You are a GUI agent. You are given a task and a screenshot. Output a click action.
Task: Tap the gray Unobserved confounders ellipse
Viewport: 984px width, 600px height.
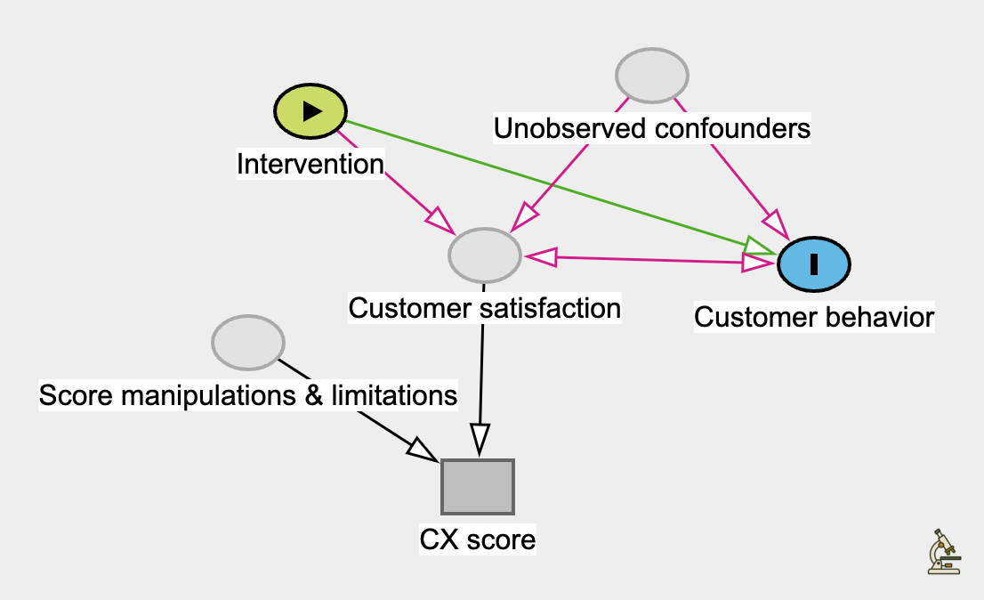653,77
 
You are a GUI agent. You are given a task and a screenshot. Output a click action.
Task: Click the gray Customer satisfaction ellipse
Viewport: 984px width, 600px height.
484,255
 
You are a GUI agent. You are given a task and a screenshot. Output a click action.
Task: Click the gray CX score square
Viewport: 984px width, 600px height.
478,487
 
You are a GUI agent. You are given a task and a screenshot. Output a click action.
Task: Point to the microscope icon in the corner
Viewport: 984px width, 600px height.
943,552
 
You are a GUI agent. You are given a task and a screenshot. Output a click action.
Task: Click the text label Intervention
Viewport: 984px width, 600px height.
310,164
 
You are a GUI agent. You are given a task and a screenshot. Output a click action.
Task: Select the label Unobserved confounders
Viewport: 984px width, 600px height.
652,129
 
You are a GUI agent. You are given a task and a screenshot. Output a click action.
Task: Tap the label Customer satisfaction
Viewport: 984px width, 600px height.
484,308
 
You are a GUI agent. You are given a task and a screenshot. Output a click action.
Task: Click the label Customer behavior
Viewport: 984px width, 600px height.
814,317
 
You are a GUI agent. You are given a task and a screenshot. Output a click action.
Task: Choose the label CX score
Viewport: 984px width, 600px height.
478,539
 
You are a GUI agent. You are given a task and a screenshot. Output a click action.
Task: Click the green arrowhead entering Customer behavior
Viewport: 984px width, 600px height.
761,247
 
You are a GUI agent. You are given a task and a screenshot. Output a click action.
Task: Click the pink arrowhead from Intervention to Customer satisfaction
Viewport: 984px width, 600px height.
439,219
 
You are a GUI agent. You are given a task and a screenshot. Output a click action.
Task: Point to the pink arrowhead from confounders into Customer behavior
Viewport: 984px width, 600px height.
776,223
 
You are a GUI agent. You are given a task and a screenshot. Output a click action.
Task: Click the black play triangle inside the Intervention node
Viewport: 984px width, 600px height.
311,110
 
